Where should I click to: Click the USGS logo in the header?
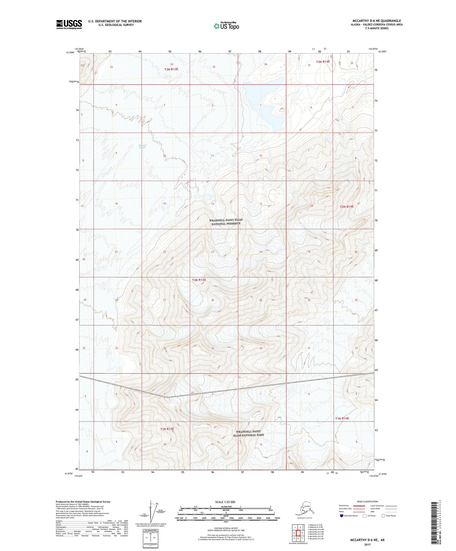pos(69,24)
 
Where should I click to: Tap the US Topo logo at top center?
pos(226,26)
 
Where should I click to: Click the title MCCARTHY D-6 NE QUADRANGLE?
pos(376,21)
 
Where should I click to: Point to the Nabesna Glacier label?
pos(142,146)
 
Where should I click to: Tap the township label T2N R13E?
pos(199,280)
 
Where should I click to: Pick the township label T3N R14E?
pos(323,62)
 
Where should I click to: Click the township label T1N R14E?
pos(342,418)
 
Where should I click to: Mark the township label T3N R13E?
pos(171,69)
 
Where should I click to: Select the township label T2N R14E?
pos(347,207)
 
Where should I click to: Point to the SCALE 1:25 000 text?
pos(225,502)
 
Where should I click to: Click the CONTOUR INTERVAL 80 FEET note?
pos(226,528)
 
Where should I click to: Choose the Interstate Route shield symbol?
pos(341,516)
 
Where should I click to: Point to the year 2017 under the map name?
pos(367,544)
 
